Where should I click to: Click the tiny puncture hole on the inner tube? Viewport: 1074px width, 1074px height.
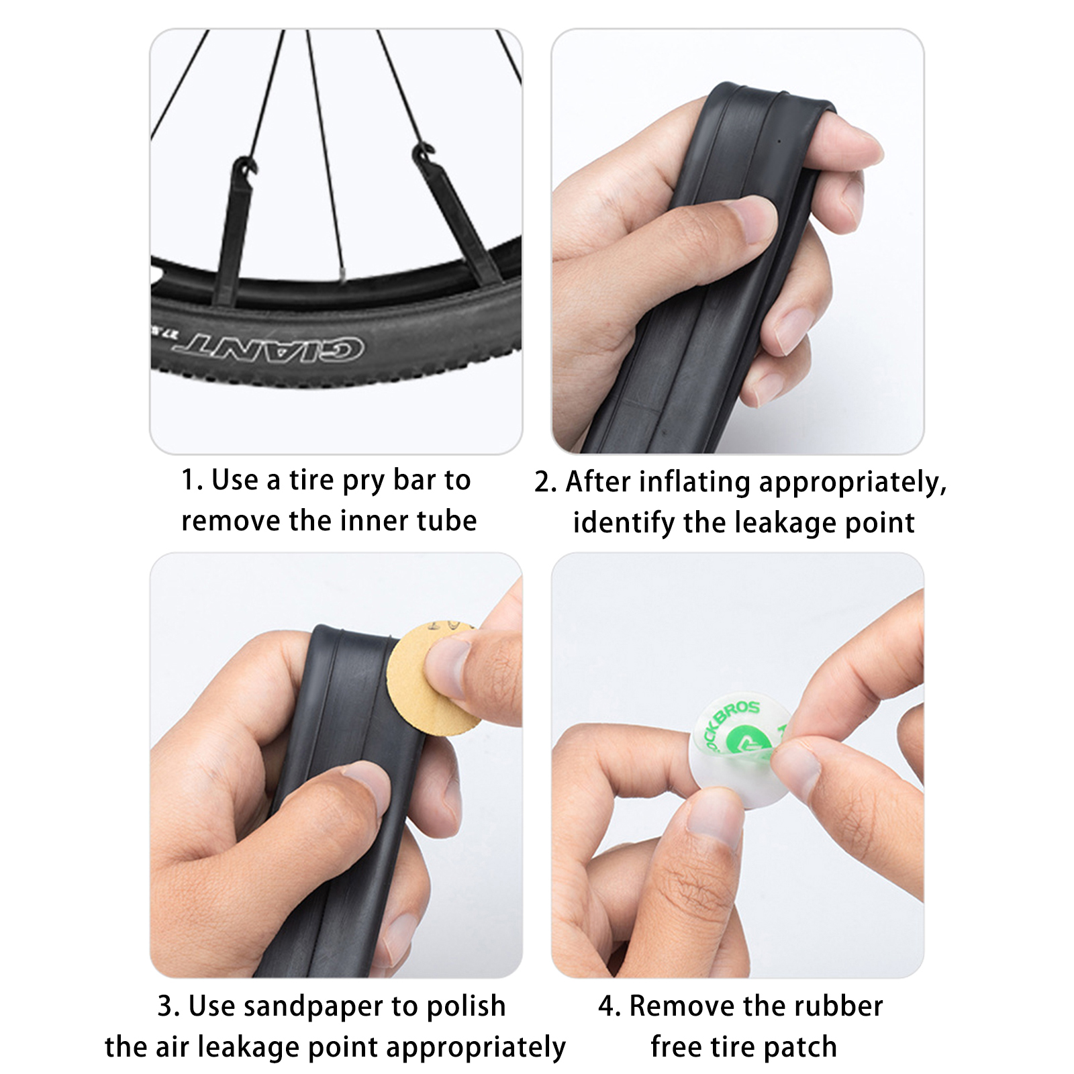(778, 142)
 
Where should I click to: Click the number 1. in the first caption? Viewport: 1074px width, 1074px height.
(192, 481)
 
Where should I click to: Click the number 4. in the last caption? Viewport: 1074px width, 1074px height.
(609, 1006)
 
